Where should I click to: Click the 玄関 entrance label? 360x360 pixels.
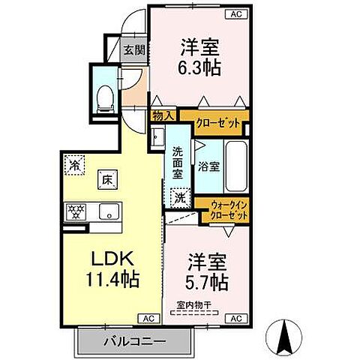tap(134, 51)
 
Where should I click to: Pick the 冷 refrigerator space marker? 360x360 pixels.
tap(75, 162)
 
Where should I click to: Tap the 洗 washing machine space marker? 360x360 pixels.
tap(181, 199)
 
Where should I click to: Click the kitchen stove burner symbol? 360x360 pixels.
tap(76, 211)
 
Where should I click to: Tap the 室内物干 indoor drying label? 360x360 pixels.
tap(193, 304)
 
